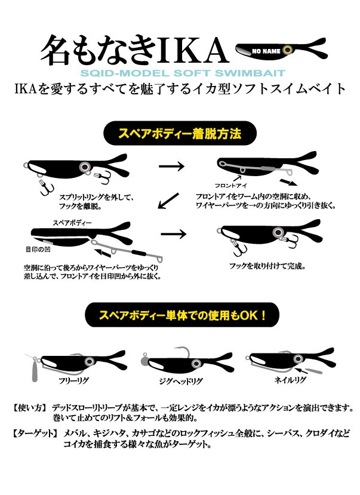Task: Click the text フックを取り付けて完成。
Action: tap(267, 266)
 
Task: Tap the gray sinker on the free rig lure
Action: tap(34, 371)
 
